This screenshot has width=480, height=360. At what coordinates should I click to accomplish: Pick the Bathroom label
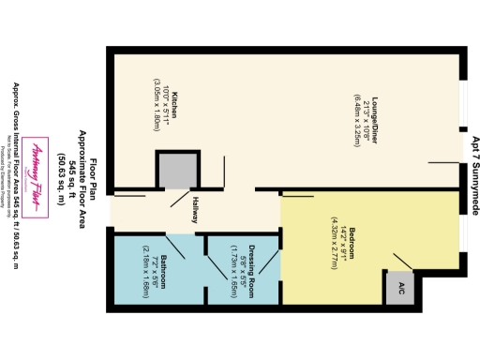tap(164, 268)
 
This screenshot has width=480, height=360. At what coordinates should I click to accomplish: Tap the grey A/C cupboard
tap(400, 287)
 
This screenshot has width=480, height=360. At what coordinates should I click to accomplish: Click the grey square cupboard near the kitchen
tap(174, 171)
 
